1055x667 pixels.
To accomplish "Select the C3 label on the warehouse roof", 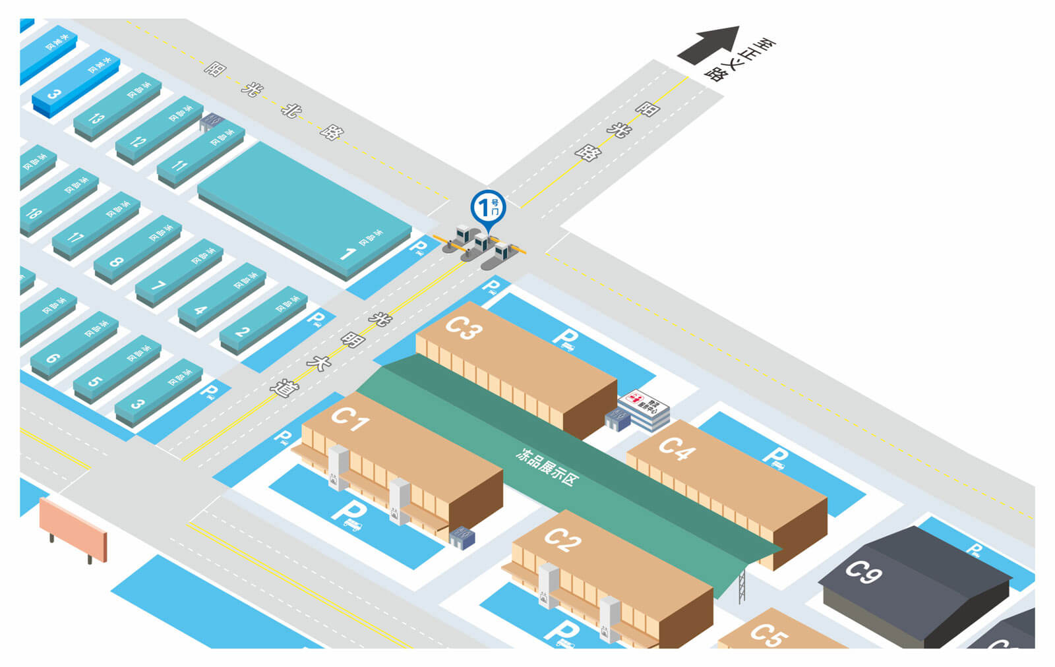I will pos(464,328).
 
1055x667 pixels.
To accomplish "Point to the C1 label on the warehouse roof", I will pos(349,418).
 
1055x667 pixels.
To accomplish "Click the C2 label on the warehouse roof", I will pos(562,539).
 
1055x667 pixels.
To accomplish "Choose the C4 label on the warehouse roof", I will pos(677,448).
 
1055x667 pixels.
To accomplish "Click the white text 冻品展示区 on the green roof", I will pos(547,467).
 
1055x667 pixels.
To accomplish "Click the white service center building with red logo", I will pos(644,408).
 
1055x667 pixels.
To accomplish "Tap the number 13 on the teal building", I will pos(96,119).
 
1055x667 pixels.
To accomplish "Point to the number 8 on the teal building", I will pos(115,262).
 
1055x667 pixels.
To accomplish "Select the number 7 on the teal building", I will pos(158,285).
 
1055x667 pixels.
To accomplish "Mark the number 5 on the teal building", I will pos(95,381).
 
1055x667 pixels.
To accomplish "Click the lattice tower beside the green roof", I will pos(742,586).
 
